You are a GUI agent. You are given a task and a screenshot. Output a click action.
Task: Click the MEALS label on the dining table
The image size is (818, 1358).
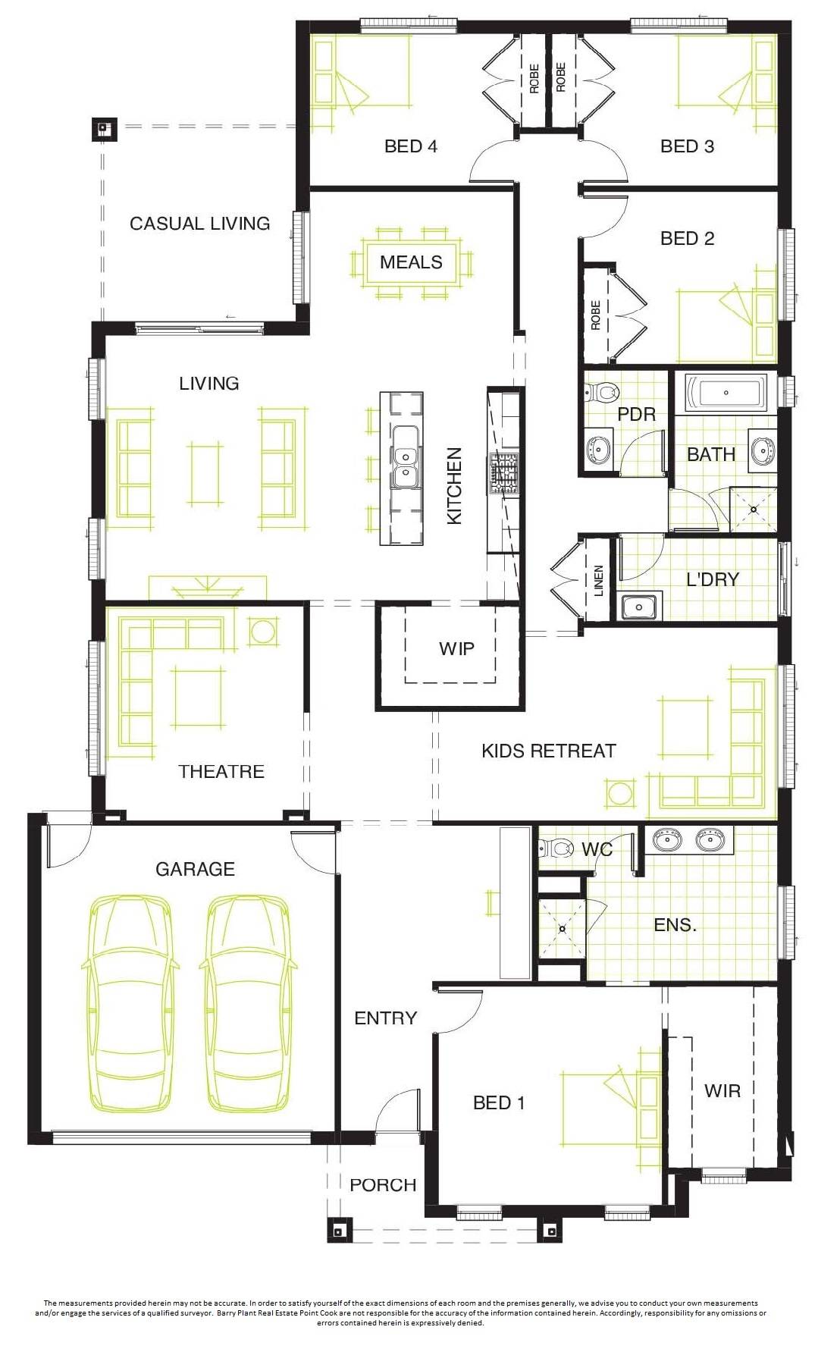coord(411,262)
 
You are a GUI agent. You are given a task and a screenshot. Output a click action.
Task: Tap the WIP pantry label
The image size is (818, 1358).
coord(456,649)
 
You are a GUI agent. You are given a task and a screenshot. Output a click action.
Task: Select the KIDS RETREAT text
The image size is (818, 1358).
coord(549,751)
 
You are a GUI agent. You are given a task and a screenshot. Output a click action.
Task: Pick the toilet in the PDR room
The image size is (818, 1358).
coord(603,392)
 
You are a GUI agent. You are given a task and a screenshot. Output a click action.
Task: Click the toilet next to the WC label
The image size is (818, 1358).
coord(558,848)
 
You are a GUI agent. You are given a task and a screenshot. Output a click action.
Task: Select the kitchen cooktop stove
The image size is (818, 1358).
coord(504,472)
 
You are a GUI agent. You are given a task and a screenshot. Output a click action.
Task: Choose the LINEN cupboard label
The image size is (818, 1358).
coord(599,581)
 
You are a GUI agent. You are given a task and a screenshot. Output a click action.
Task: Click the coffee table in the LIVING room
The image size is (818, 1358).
coord(205,474)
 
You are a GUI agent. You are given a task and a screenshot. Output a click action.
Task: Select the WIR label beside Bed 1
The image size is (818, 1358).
coord(722,1091)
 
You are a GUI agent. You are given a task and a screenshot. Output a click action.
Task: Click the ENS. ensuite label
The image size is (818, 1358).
coord(675,925)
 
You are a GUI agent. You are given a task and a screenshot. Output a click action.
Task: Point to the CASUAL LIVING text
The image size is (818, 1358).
coord(199,224)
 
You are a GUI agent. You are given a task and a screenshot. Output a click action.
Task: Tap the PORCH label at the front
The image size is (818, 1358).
coord(383,1185)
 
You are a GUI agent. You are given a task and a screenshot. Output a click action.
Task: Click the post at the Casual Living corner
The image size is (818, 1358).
coord(104,129)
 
